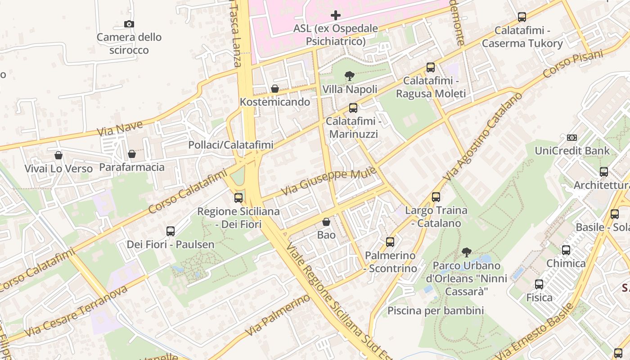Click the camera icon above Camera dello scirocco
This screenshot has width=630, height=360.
(129, 24)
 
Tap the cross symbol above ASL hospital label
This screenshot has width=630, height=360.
(335, 16)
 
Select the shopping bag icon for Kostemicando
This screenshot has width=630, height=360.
(274, 89)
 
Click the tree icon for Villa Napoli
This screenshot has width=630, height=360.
(349, 76)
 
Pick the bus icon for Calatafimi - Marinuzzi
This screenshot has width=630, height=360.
(353, 108)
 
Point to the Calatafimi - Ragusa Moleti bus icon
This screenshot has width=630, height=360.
(431, 68)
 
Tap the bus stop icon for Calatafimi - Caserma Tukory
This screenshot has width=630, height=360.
(522, 17)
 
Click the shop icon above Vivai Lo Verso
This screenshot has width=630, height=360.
(58, 156)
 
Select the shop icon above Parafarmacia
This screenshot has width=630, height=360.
(131, 154)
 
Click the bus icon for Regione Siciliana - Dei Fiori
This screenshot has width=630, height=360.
(238, 198)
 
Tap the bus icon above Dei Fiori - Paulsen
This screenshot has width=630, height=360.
(171, 231)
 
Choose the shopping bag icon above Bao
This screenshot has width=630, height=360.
(326, 222)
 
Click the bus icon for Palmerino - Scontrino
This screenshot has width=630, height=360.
(390, 242)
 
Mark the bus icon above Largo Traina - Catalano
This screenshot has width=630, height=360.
(436, 197)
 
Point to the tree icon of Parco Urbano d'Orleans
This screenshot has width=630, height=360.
(467, 252)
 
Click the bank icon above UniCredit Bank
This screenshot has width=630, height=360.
(572, 138)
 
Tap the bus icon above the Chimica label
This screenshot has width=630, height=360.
(566, 250)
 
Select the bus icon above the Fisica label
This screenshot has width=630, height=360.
(539, 284)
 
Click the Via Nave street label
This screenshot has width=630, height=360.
(120, 129)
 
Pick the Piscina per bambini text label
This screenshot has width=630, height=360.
(436, 310)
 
